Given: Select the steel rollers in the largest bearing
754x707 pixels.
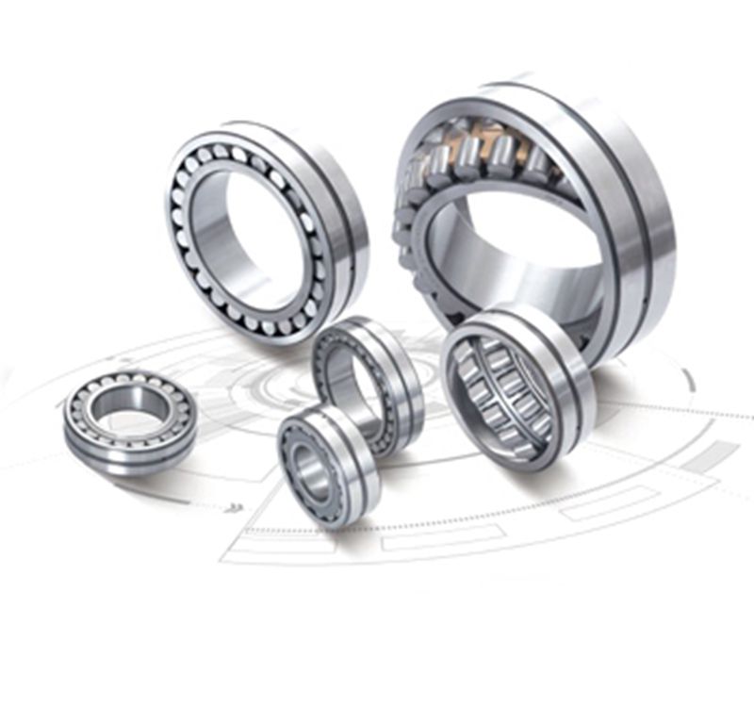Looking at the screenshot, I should (x=500, y=156).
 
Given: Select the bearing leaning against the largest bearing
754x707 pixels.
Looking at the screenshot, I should (x=517, y=386).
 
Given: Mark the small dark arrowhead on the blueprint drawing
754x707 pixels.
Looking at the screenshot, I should (x=235, y=508).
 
